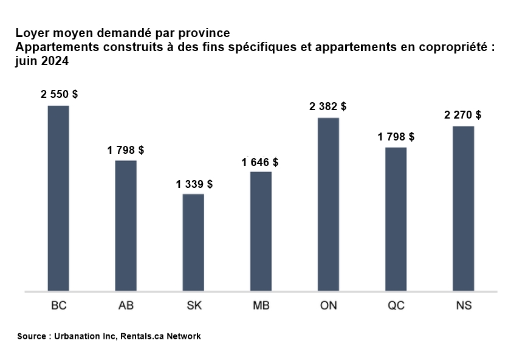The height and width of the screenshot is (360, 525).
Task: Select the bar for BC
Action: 58,198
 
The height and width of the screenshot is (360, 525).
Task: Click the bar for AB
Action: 126,226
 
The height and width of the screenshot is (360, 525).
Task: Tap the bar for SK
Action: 193,243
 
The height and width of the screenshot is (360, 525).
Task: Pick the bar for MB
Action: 261,231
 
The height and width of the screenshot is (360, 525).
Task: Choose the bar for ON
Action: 328,204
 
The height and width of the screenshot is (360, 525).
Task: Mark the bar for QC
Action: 396,219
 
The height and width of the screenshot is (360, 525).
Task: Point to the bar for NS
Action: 463,209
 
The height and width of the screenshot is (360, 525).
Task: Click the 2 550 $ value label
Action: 60,95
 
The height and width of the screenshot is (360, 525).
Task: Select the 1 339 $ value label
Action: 194,184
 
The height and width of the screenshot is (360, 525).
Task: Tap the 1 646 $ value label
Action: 260,162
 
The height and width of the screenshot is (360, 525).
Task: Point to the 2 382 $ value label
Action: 328,106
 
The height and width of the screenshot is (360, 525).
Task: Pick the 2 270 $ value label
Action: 463,115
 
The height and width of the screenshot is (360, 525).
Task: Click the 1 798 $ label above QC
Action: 396,137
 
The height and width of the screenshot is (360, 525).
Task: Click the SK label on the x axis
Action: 194,306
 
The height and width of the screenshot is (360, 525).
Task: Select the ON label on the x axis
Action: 329,306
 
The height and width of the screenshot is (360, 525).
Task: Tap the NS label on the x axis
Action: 464,306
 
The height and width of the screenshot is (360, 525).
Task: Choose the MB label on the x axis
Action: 261,306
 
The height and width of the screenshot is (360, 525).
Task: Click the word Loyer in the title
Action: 30,33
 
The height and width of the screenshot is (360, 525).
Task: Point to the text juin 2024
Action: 41,61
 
